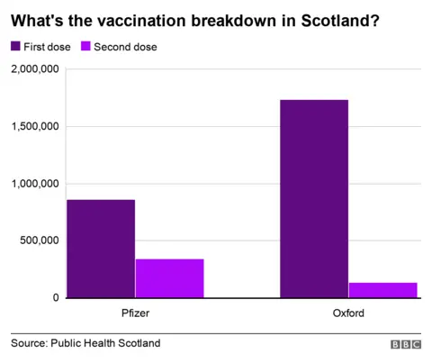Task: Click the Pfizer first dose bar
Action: coord(100,249)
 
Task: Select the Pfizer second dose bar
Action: coord(169,278)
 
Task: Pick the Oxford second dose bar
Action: coord(382,290)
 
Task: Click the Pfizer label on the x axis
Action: coord(135,313)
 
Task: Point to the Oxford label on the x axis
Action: coord(347,313)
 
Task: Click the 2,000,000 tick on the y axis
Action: coord(32,69)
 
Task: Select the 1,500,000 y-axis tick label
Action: coord(32,126)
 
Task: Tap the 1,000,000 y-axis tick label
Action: coord(32,184)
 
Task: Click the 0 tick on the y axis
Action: coord(55,298)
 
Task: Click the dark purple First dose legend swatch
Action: coord(15,46)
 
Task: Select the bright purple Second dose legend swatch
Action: coord(87,46)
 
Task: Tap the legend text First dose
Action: coord(49,46)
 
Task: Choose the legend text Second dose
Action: coord(127,46)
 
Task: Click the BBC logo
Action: coord(405,344)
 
